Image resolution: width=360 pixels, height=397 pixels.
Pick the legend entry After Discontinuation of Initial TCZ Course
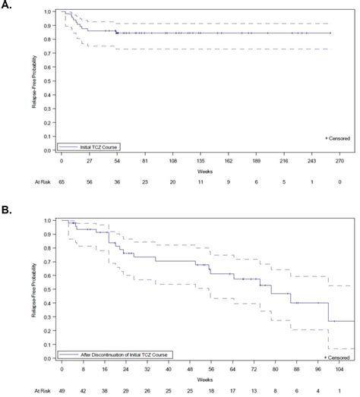(118, 354)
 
